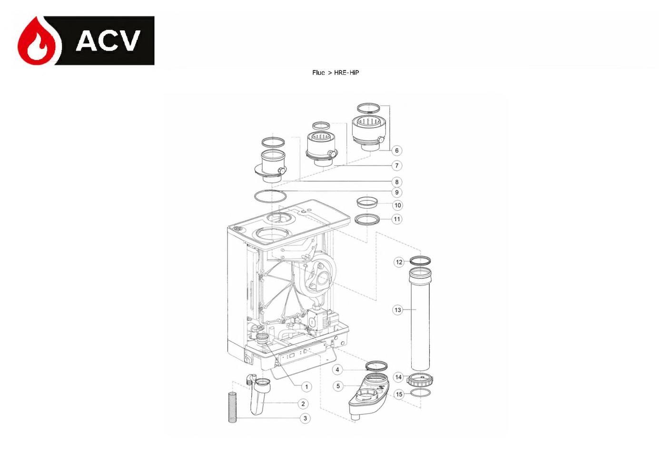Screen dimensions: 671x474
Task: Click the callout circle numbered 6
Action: [x=397, y=150]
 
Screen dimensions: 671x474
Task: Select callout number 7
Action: [x=397, y=166]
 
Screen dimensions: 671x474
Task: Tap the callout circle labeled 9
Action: [x=397, y=192]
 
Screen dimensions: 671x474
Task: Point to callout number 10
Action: [x=397, y=205]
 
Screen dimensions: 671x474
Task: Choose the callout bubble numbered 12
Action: [x=399, y=262]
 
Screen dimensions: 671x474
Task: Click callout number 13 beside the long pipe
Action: [x=398, y=310]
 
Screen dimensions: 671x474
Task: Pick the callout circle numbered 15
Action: [x=399, y=395]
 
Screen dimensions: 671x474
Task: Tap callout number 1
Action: [x=306, y=387]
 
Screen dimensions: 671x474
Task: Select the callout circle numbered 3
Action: [x=305, y=418]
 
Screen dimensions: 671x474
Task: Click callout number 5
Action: [x=338, y=386]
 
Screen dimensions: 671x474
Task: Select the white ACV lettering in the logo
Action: [x=108, y=40]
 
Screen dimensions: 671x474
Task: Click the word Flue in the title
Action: [x=318, y=72]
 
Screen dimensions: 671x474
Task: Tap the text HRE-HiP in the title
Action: [x=346, y=72]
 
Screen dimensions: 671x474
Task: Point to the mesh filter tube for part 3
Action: [x=232, y=407]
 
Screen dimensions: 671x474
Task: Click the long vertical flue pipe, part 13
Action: [x=420, y=319]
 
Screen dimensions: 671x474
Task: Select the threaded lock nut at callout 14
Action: [x=420, y=381]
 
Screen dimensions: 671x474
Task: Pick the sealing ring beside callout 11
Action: [x=367, y=219]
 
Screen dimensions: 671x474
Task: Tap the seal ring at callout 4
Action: [x=376, y=366]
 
